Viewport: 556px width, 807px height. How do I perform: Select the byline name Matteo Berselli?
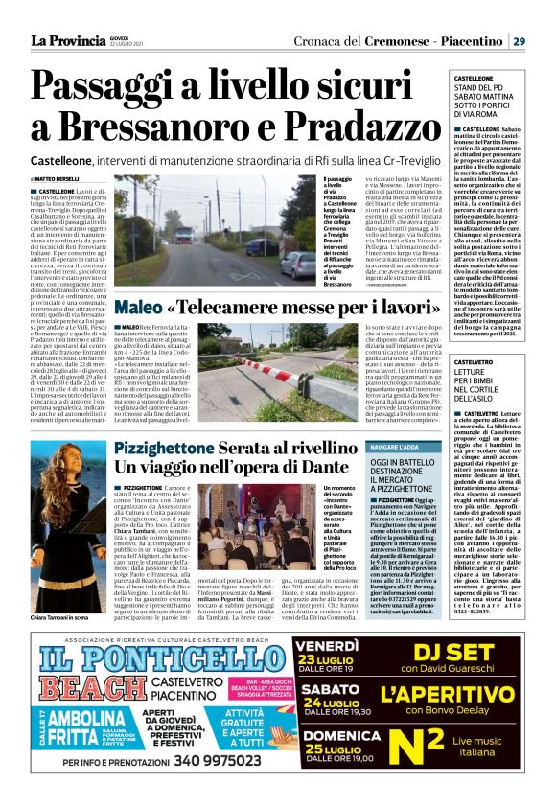[57, 179]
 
